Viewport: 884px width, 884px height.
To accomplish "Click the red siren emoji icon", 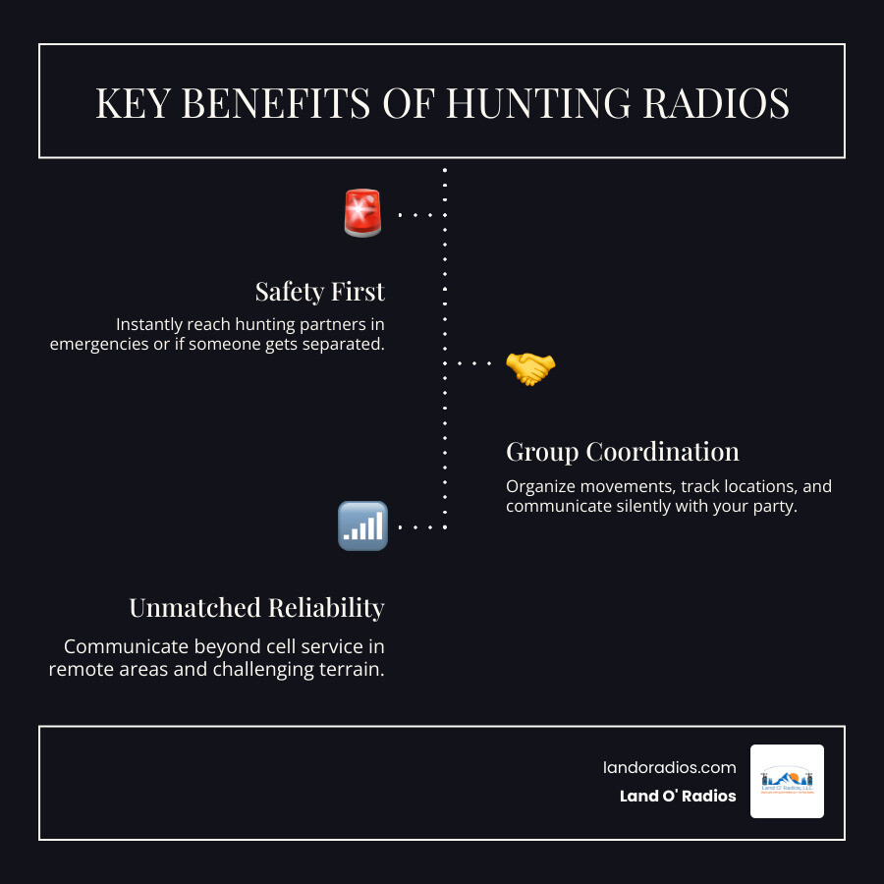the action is coord(361,213).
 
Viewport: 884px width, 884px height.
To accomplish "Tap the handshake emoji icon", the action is coord(530,368).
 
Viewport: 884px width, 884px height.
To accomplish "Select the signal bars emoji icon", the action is coord(361,525).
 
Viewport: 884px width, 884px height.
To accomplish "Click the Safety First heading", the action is coord(319,292).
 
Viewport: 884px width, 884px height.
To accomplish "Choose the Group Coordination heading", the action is coord(623,452).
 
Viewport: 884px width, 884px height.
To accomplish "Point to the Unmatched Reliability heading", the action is coord(256,608).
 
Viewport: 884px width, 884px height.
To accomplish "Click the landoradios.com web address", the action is coord(669,767).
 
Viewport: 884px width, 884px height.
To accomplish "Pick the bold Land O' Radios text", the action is coord(678,796).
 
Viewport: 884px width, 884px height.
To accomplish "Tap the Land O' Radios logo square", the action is coord(787,781).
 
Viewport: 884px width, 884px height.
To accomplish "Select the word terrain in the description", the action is coord(353,669).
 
